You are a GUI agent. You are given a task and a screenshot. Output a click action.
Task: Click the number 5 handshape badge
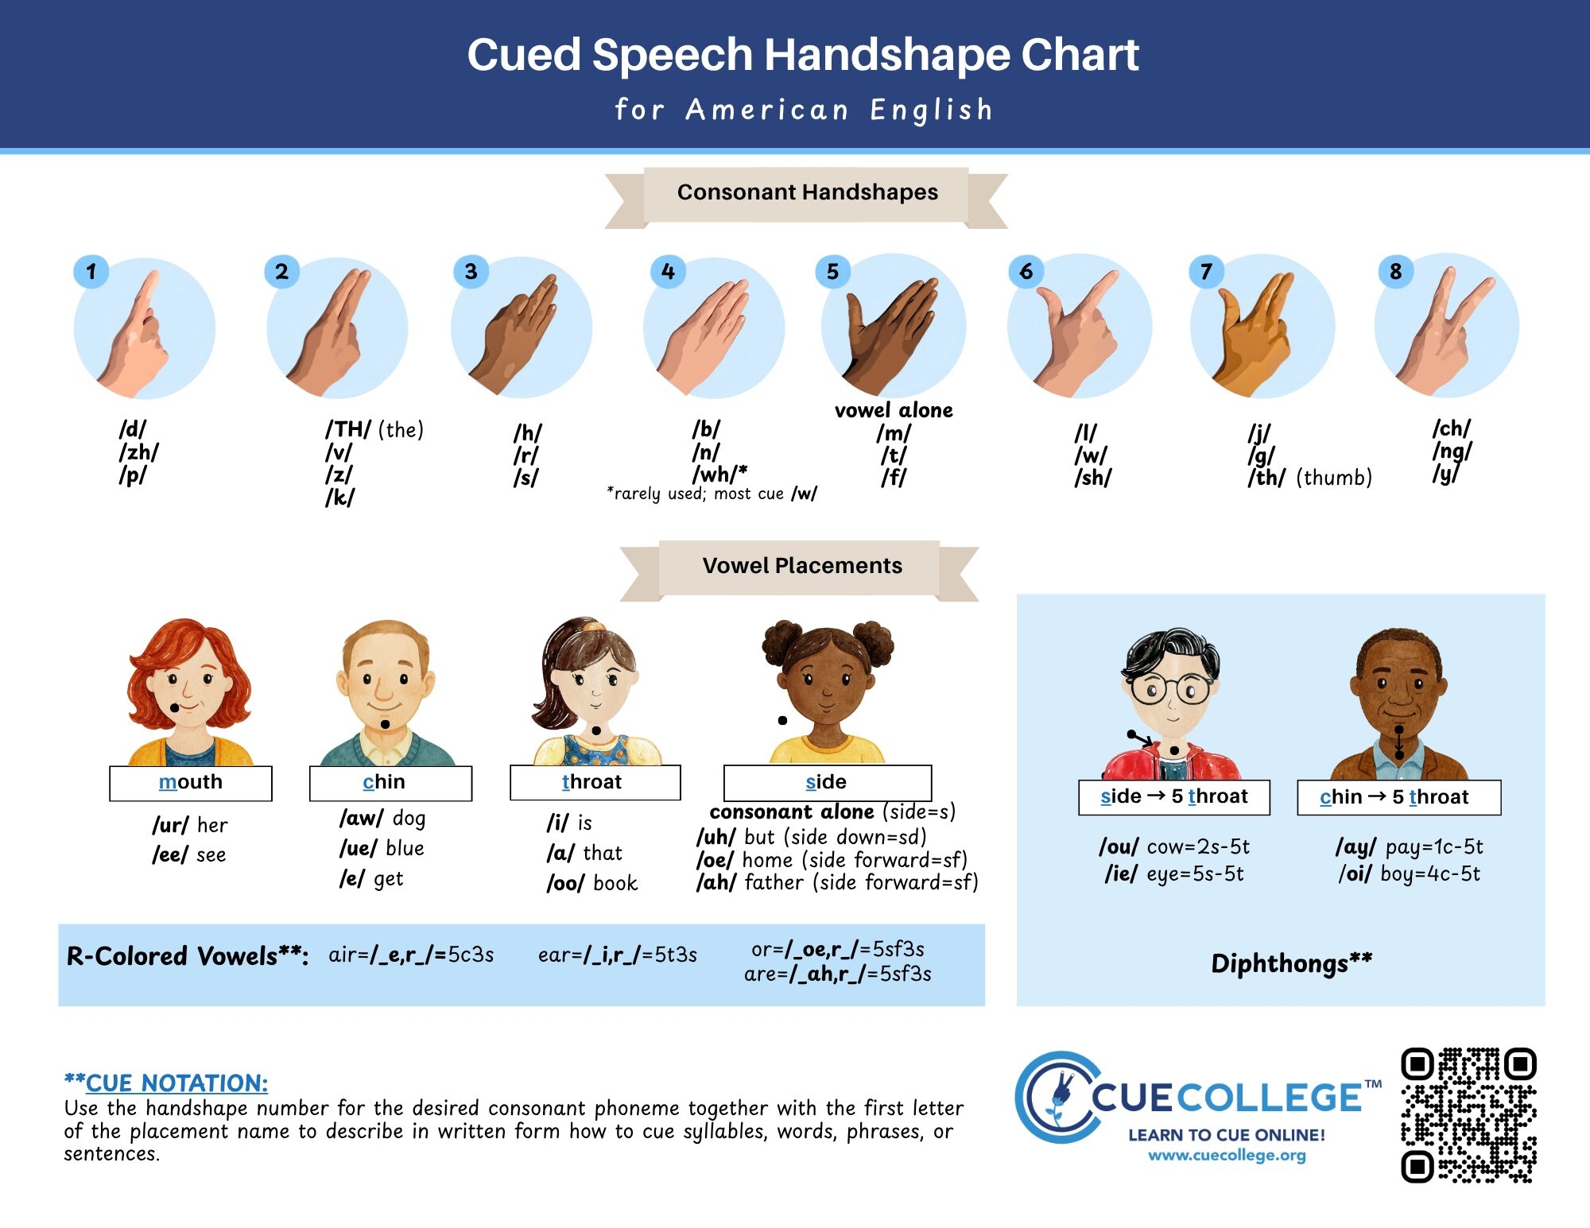point(832,272)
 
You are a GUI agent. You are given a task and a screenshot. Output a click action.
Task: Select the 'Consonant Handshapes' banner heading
point(807,192)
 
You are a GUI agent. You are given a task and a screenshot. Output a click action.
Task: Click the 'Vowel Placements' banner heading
point(801,566)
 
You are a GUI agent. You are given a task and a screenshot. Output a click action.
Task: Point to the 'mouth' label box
point(191,783)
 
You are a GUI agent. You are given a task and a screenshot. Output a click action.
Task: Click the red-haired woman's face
point(189,688)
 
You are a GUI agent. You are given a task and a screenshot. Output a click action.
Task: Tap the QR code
point(1468,1115)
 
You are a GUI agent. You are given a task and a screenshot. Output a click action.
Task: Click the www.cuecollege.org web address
point(1227,1155)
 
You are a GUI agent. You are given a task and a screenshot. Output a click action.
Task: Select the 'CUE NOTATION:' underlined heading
point(176,1083)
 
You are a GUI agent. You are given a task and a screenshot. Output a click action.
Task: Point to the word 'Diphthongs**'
point(1292,963)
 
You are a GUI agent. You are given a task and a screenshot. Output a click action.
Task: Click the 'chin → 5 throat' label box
point(1399,797)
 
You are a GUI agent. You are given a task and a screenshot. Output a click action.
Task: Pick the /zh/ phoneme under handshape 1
point(139,452)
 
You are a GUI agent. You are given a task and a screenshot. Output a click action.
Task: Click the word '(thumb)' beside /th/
point(1334,478)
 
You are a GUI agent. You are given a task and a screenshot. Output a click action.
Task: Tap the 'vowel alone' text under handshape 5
point(894,410)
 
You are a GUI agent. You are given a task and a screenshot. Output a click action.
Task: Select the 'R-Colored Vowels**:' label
point(188,955)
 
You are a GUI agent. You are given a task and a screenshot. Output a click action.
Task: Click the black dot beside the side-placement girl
point(782,720)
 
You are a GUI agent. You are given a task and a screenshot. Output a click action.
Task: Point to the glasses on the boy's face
point(1169,688)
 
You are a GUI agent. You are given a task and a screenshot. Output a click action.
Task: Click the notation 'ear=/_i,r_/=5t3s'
point(618,955)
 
